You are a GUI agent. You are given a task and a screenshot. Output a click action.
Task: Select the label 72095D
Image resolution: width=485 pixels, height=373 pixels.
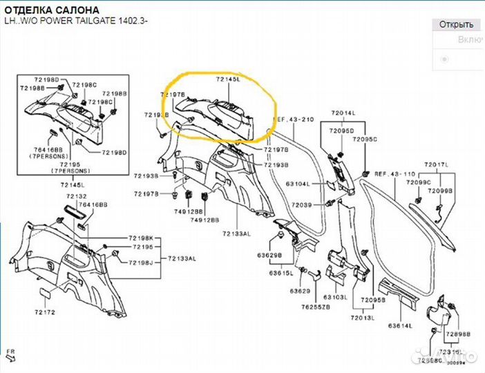(x=341, y=130)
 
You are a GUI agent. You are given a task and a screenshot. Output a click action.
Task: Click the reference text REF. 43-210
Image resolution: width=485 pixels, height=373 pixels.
(x=295, y=119)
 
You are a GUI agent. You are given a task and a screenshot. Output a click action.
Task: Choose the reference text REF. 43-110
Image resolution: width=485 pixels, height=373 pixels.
(x=396, y=174)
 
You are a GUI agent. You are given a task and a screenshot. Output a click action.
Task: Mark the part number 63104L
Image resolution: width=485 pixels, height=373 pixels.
(x=298, y=184)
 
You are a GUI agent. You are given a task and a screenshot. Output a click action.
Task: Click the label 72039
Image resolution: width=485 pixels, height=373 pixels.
(x=301, y=205)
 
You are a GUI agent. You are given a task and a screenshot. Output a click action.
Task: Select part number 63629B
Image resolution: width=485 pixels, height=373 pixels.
(x=270, y=256)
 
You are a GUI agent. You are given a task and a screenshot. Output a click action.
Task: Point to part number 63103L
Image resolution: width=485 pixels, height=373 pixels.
(x=335, y=296)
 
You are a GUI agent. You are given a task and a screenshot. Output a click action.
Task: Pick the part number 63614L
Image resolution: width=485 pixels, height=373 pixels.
(x=400, y=325)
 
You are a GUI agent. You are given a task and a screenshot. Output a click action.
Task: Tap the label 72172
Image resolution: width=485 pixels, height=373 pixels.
(x=46, y=314)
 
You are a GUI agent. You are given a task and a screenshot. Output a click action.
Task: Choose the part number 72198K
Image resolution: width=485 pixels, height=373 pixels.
(x=142, y=238)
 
